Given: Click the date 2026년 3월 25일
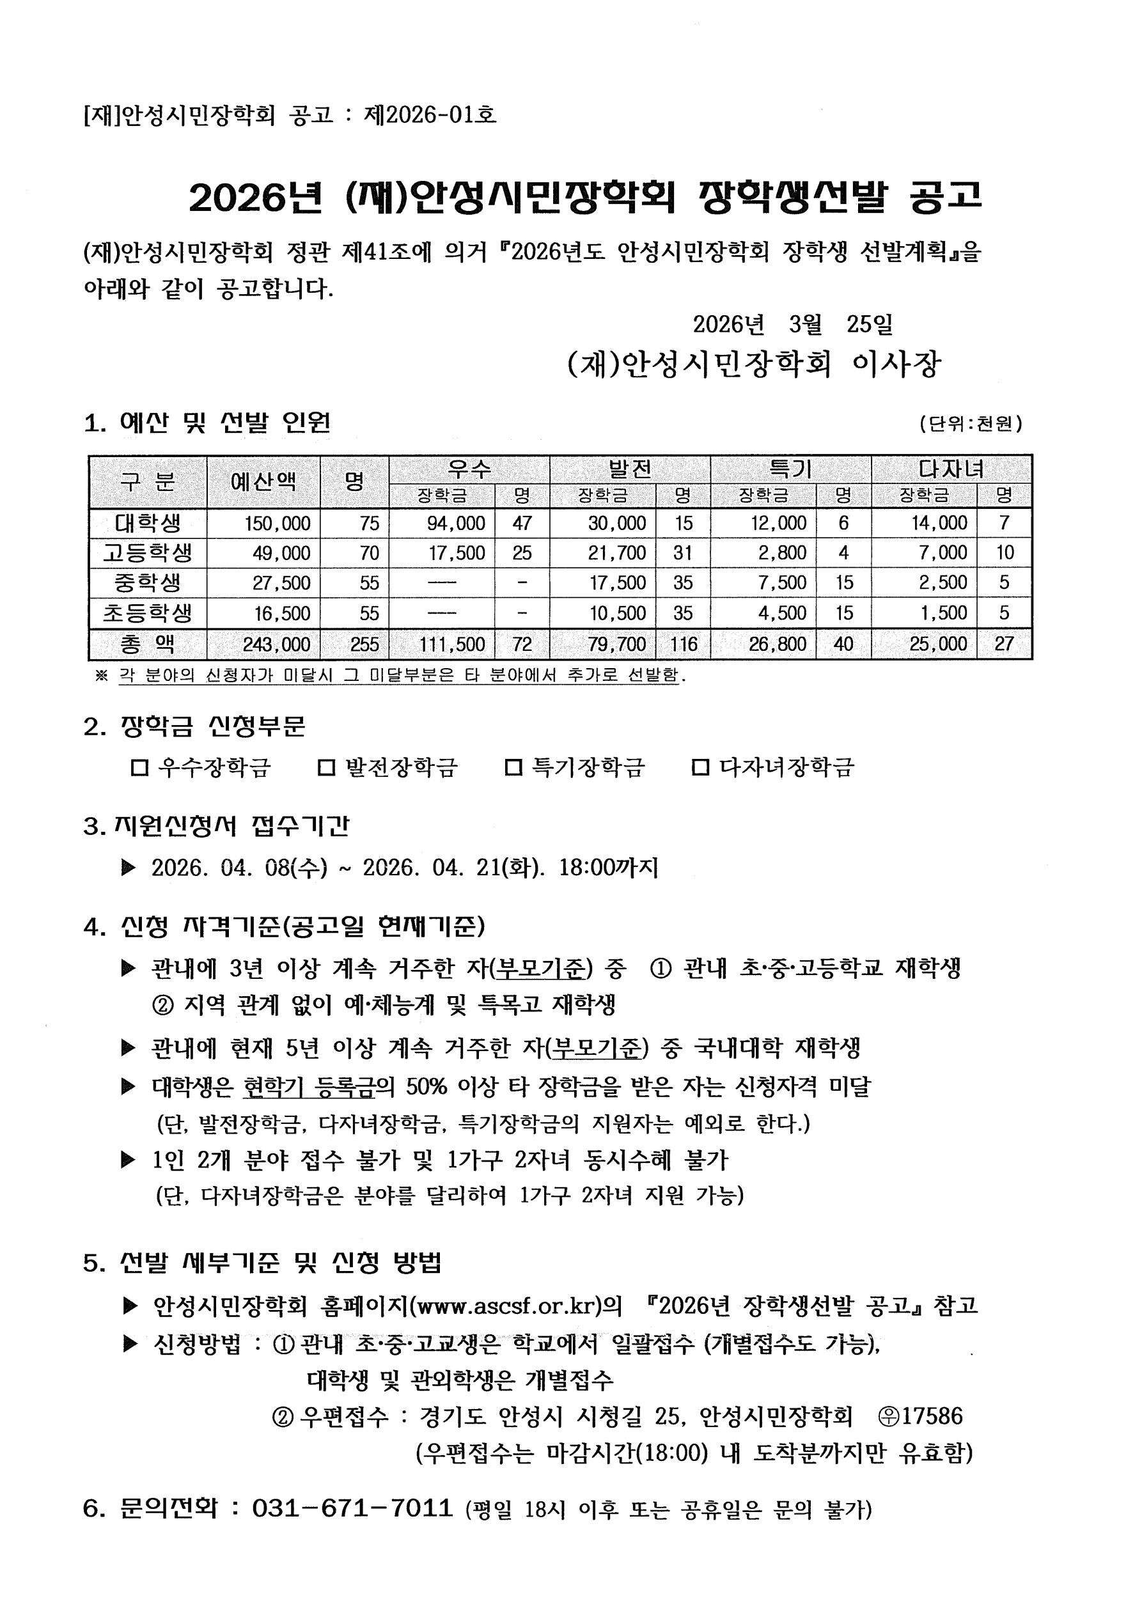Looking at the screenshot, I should click(x=792, y=324).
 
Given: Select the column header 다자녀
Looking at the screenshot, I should click(x=951, y=469).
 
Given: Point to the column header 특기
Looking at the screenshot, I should click(x=790, y=469).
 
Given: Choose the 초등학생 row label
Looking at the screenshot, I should click(x=148, y=612).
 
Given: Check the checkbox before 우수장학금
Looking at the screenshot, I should click(x=139, y=767).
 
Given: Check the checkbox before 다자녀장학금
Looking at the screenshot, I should click(x=700, y=767).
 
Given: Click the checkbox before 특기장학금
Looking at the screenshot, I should click(x=513, y=767).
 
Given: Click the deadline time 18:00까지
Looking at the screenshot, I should click(x=608, y=868).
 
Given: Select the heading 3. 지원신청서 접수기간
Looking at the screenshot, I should click(x=216, y=826).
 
